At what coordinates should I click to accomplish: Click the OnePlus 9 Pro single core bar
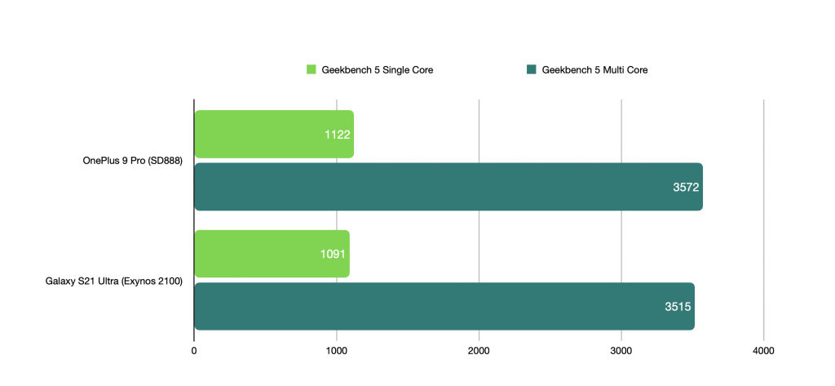pyautogui.click(x=274, y=135)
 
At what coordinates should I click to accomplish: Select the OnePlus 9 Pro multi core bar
pyautogui.click(x=449, y=187)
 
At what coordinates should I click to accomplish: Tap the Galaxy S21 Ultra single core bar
pyautogui.click(x=272, y=254)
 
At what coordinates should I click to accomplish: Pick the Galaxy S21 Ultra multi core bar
pyautogui.click(x=444, y=307)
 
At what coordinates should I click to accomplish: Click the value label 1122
pyautogui.click(x=337, y=135)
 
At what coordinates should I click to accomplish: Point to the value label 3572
pyautogui.click(x=686, y=187)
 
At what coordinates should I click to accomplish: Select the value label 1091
pyautogui.click(x=333, y=255)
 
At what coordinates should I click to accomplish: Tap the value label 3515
pyautogui.click(x=678, y=307)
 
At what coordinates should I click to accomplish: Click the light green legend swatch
pyautogui.click(x=311, y=69)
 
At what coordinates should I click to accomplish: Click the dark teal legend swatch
pyautogui.click(x=531, y=69)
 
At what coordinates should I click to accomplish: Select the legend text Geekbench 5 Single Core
pyautogui.click(x=377, y=70)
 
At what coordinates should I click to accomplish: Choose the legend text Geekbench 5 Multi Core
pyautogui.click(x=594, y=70)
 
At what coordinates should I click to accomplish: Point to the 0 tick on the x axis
pyautogui.click(x=194, y=352)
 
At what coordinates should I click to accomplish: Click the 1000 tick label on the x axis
pyautogui.click(x=337, y=352)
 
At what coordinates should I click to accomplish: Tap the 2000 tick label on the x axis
pyautogui.click(x=479, y=352)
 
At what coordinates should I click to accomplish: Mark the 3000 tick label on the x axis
pyautogui.click(x=621, y=352)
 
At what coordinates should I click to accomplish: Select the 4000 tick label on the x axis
pyautogui.click(x=763, y=352)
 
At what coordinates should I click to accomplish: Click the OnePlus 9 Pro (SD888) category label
pyautogui.click(x=133, y=161)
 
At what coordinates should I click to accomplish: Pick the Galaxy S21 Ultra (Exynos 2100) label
pyautogui.click(x=114, y=281)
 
